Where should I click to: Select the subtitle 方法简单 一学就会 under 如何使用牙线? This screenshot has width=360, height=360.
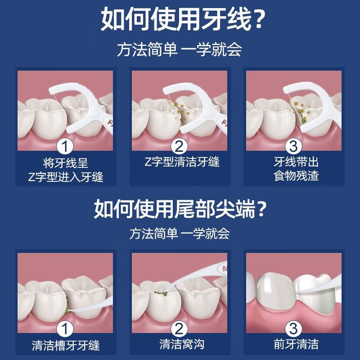(180, 49)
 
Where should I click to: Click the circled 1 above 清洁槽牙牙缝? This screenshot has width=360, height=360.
(66, 330)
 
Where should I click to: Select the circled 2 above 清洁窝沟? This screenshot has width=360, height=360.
(180, 330)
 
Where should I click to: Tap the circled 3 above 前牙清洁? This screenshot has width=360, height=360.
(293, 330)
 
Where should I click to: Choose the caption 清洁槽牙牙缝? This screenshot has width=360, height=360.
(66, 346)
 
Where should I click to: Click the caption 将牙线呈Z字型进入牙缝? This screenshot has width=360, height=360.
(66, 169)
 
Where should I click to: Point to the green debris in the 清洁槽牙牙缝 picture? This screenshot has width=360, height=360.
(66, 306)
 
